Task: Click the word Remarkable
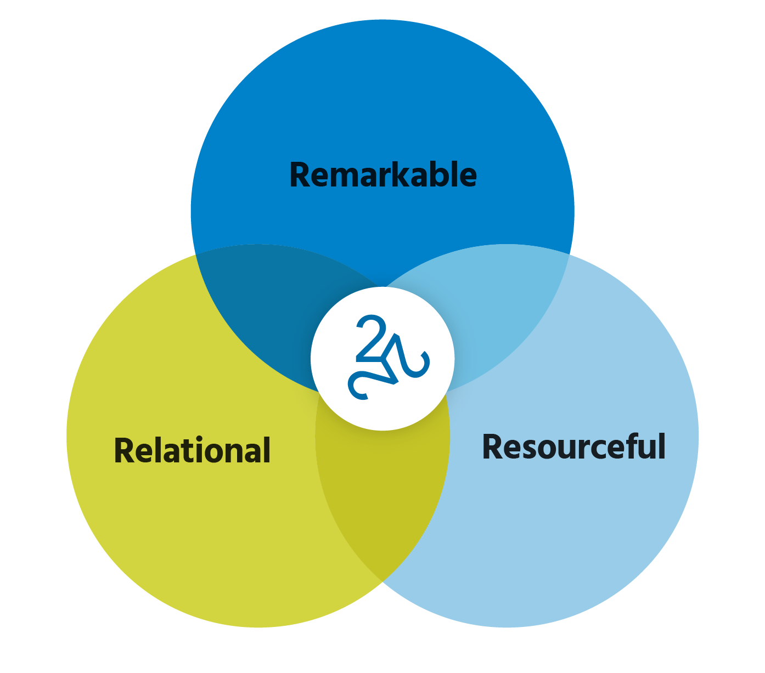click(383, 176)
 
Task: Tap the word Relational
click(192, 451)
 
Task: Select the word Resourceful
click(573, 447)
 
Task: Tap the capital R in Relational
click(125, 451)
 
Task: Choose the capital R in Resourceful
click(493, 447)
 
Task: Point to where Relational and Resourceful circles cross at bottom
click(383, 580)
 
